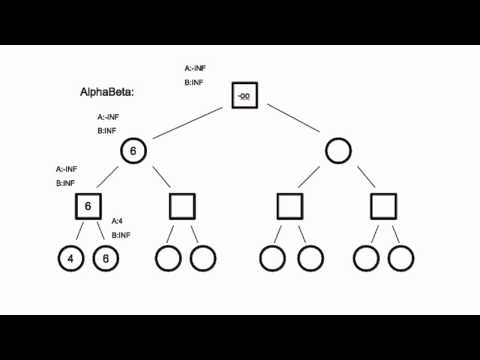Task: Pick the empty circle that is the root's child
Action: [338, 151]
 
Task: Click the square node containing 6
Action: [88, 207]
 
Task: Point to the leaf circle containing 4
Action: [70, 258]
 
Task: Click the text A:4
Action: [117, 220]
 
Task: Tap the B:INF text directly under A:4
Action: [121, 235]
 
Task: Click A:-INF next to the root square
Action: [195, 69]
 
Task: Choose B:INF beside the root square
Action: [195, 83]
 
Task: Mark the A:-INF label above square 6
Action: [67, 169]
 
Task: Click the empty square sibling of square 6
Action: [182, 207]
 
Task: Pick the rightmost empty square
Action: [384, 207]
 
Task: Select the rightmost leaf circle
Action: [401, 258]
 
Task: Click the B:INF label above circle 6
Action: [108, 131]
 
